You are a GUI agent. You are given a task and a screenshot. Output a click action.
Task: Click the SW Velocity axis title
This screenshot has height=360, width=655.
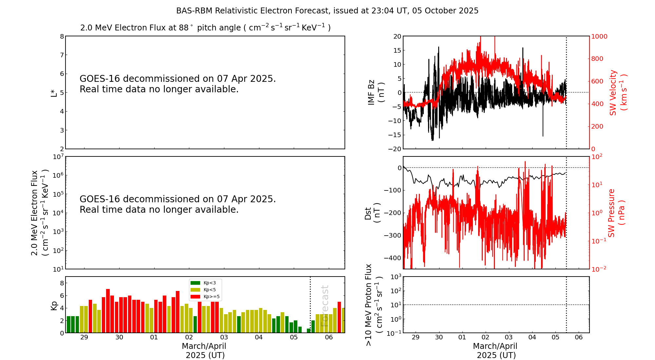tap(618, 93)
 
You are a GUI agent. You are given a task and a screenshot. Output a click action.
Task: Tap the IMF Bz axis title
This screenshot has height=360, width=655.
tap(376, 92)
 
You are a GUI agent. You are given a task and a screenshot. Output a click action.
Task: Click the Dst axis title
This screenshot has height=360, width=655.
tap(372, 213)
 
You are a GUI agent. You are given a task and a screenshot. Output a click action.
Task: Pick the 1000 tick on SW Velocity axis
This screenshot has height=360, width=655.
tap(599, 36)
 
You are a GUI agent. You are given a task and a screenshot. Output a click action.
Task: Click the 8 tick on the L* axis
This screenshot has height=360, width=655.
tap(62, 36)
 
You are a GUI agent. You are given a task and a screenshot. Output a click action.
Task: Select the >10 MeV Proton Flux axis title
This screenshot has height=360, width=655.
tap(374, 305)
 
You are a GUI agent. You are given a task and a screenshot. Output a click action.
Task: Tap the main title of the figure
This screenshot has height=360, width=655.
tap(327, 11)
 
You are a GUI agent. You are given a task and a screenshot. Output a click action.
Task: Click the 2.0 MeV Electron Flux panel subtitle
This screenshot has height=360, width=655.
tap(205, 27)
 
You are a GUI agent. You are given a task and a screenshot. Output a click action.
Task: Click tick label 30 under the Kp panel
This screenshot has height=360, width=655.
tap(119, 337)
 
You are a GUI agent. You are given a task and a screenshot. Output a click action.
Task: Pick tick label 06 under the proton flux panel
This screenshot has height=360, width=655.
tap(579, 337)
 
